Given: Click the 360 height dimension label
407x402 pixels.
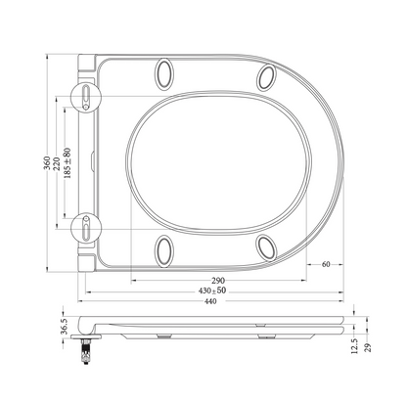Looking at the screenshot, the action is pyautogui.click(x=48, y=163).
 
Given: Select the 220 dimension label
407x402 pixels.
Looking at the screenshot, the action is pyautogui.click(x=57, y=163).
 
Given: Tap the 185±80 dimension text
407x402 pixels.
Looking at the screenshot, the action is pyautogui.click(x=68, y=162).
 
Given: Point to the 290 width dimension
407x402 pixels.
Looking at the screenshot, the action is pyautogui.click(x=218, y=280).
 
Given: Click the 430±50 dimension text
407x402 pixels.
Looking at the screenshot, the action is pyautogui.click(x=212, y=290).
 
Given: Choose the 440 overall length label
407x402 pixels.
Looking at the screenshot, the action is pyautogui.click(x=210, y=301).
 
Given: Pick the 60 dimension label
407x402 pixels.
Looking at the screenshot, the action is pyautogui.click(x=326, y=264).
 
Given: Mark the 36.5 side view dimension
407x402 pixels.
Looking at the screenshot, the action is pyautogui.click(x=64, y=326).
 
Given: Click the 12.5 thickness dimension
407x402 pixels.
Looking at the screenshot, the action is pyautogui.click(x=355, y=345).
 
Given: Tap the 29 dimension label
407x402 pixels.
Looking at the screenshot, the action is pyautogui.click(x=368, y=347).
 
